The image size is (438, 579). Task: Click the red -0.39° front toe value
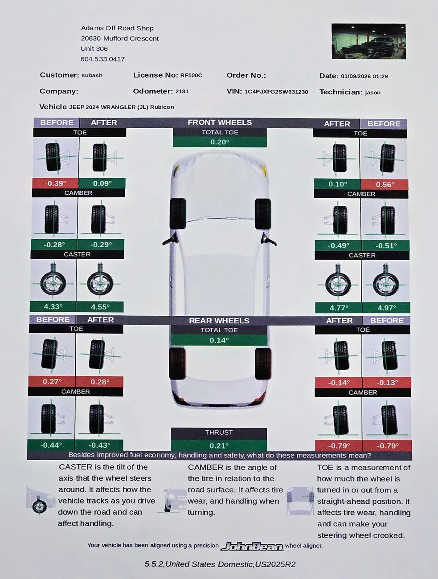click(x=55, y=183)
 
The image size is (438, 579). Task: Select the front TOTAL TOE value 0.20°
click(x=220, y=142)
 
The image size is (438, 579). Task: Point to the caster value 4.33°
click(x=53, y=306)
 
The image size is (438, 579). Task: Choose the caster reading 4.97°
click(x=387, y=308)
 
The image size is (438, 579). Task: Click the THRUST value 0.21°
click(x=219, y=445)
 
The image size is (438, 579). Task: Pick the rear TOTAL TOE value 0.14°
click(x=219, y=340)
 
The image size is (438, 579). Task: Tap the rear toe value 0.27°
click(x=52, y=381)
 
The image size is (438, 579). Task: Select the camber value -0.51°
click(x=386, y=245)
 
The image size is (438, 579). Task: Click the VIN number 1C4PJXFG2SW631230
click(x=276, y=92)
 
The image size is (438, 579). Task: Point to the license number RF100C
click(x=191, y=75)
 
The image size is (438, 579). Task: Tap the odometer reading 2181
click(x=182, y=91)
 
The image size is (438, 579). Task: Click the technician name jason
click(x=373, y=93)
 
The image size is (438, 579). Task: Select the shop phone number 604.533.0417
click(x=102, y=59)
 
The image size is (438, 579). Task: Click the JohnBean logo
click(x=252, y=546)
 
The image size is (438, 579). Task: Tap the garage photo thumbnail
click(x=368, y=41)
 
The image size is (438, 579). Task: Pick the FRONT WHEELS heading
click(x=220, y=122)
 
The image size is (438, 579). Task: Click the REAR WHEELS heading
click(x=219, y=321)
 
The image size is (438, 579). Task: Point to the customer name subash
click(x=92, y=75)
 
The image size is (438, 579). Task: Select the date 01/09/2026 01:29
click(x=364, y=77)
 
